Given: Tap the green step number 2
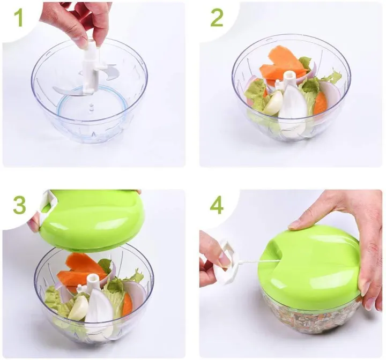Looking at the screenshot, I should [x=217, y=18].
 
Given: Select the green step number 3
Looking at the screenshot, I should [x=19, y=205].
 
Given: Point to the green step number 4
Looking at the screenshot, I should [x=217, y=205].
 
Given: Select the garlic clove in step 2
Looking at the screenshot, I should [x=273, y=103].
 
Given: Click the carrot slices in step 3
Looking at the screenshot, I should [x=80, y=271].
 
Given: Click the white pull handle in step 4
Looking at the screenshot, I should [x=227, y=262].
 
